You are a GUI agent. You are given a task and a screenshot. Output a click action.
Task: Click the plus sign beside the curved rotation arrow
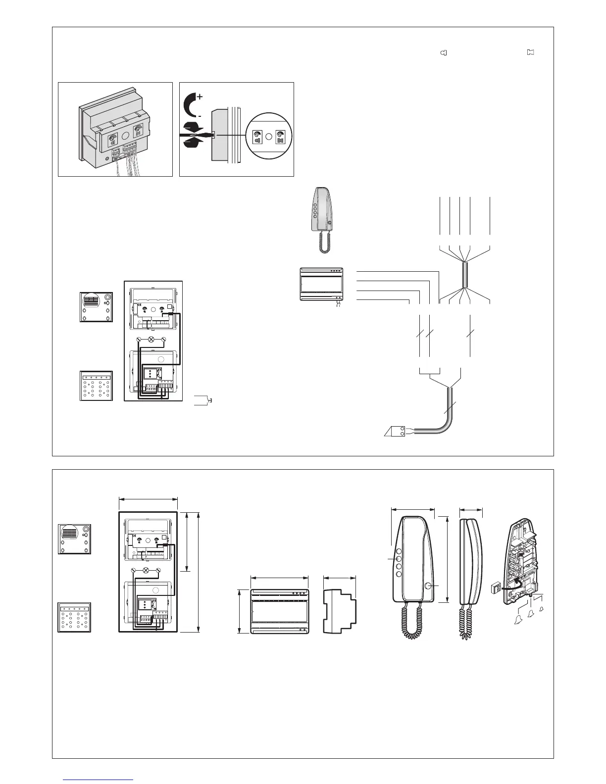tap(200, 97)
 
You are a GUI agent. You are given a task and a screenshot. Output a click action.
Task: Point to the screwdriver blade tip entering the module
tap(212, 134)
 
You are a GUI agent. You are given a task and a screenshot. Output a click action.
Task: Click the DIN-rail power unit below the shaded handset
tap(322, 284)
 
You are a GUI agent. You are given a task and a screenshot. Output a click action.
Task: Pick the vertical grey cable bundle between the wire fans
tap(464, 274)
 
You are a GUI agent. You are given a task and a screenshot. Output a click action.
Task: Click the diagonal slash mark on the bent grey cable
tap(450, 409)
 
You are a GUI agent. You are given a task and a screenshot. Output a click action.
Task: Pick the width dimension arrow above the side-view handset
tap(471, 509)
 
